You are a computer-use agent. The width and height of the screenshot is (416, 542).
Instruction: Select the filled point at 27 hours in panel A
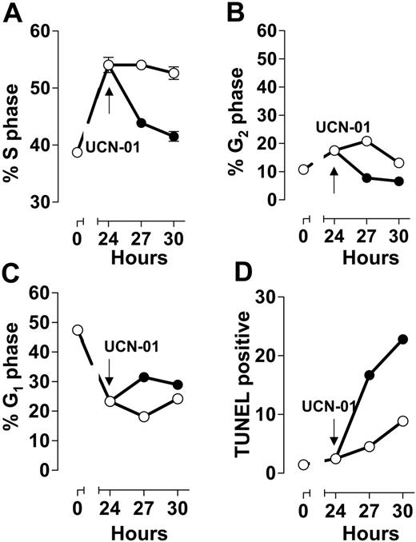tap(142, 123)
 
